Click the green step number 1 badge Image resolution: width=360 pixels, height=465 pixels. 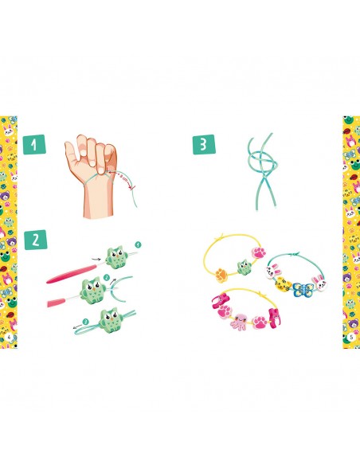click(x=34, y=145)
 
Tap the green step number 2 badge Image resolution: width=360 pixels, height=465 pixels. click(x=36, y=240)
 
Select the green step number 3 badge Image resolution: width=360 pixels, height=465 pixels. click(x=204, y=145)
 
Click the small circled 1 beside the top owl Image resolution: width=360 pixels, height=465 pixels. click(x=138, y=244)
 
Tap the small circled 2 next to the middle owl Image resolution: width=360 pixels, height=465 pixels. click(x=107, y=278)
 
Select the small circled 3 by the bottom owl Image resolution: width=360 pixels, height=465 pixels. click(x=86, y=322)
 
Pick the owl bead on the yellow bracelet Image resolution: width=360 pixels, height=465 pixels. click(x=245, y=267)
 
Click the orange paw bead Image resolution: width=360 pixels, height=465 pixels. click(x=221, y=275)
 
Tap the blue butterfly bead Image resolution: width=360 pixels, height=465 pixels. click(x=303, y=290)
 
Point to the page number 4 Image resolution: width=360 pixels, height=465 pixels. click(x=9, y=337)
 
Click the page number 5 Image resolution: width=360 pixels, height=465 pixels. click(x=351, y=337)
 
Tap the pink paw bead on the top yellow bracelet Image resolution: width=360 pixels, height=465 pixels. click(x=259, y=252)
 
